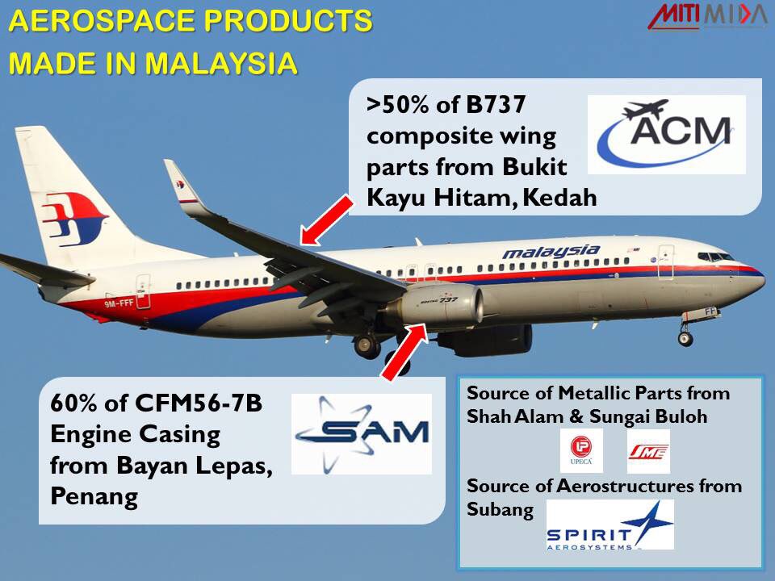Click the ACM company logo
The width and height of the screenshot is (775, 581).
pyautogui.click(x=666, y=135)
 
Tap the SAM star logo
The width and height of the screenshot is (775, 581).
pyautogui.click(x=362, y=434)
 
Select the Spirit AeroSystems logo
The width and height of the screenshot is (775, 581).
pyautogui.click(x=610, y=525)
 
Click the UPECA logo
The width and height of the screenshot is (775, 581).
pyautogui.click(x=581, y=450)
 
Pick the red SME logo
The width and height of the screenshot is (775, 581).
pyautogui.click(x=648, y=451)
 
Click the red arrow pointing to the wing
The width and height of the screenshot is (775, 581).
pyautogui.click(x=327, y=220)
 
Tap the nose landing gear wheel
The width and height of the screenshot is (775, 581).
pyautogui.click(x=685, y=338)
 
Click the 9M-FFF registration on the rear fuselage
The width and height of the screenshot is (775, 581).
pyautogui.click(x=119, y=303)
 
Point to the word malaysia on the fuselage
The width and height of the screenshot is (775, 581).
pyautogui.click(x=551, y=252)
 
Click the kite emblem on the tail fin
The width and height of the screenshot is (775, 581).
pyautogui.click(x=74, y=219)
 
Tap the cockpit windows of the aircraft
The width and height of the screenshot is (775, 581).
pyautogui.click(x=715, y=257)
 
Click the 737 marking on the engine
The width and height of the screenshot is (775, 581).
pyautogui.click(x=449, y=300)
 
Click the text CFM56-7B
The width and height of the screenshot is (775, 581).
pyautogui.click(x=199, y=403)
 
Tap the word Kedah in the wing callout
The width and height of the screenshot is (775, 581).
pyautogui.click(x=559, y=198)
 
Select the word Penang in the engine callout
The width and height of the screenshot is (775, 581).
pyautogui.click(x=94, y=497)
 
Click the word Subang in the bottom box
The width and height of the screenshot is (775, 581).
pyautogui.click(x=501, y=509)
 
